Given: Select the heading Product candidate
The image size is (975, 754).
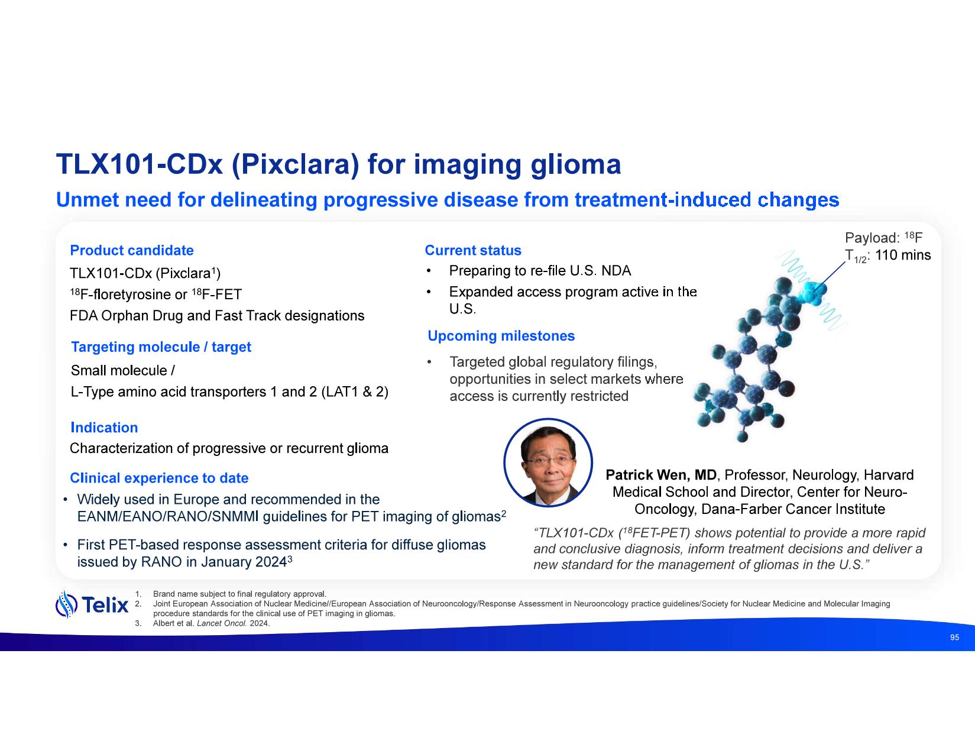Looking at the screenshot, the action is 132,250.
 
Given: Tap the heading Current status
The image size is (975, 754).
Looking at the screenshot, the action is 473,250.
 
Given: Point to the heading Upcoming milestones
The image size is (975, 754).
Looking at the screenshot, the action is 501,336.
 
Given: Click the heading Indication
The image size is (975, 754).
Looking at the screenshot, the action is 104,428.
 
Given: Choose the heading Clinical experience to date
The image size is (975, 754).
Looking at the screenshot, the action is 159,478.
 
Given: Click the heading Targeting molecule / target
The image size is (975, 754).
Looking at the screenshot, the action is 161,347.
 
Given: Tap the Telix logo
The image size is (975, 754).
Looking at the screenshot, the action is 92,605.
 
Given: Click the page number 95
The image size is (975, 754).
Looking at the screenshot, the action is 954,637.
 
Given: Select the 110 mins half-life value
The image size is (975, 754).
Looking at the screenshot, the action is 903,255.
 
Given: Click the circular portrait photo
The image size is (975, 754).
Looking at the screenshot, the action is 548,462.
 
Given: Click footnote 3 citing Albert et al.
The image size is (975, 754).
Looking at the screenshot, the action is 202,623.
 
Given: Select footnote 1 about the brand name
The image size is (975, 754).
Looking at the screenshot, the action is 231,594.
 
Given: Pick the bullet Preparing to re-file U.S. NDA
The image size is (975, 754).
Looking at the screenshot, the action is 540,271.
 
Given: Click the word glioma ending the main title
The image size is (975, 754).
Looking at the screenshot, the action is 576,165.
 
